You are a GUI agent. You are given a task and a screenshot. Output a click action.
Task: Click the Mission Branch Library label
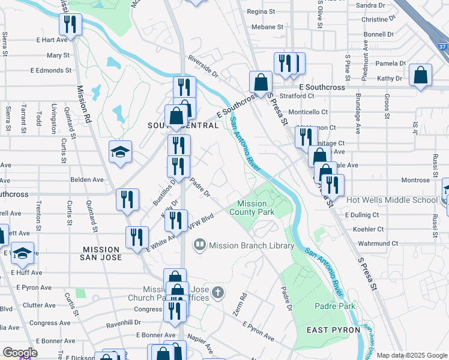252,245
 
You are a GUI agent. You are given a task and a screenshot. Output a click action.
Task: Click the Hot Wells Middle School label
392,200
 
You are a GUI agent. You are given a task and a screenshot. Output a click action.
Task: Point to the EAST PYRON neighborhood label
333,330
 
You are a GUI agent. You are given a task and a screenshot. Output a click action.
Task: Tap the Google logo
19,353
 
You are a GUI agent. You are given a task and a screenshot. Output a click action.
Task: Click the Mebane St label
267,27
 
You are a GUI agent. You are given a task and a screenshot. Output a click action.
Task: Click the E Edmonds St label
53,70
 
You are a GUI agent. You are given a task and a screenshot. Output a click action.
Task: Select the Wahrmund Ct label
379,244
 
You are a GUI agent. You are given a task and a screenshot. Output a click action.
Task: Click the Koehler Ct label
369,229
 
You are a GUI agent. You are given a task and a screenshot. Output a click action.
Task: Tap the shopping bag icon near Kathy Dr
421,76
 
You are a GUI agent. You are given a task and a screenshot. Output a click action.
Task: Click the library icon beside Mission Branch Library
199,245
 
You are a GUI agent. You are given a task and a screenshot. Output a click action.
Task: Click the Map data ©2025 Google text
412,355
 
